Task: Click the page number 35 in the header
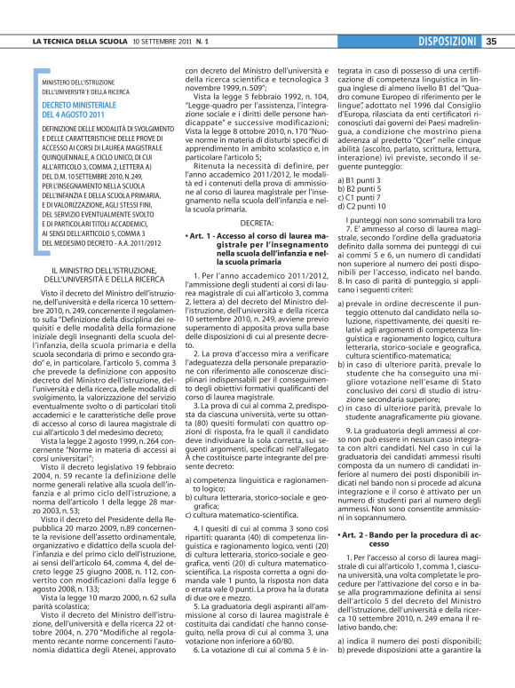[492, 41]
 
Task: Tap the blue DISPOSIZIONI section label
[448, 41]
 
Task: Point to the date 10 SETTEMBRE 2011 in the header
[162, 42]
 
